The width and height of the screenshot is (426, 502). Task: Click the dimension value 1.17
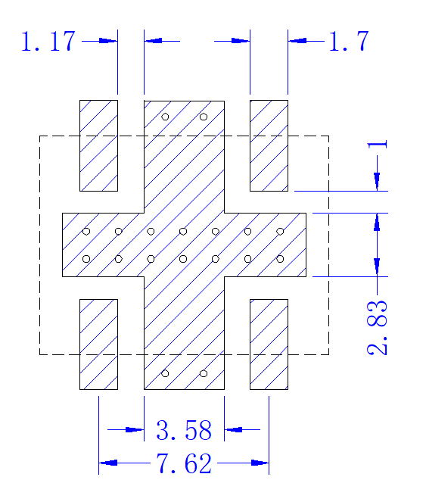pyautogui.click(x=48, y=41)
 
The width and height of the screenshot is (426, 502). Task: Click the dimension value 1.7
pyautogui.click(x=349, y=41)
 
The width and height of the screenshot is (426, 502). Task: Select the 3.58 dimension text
pyautogui.click(x=184, y=430)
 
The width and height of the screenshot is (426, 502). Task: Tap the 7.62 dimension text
pyautogui.click(x=184, y=463)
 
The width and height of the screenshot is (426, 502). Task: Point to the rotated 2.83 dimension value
pyautogui.click(x=377, y=328)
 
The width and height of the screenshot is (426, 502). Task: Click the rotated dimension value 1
pyautogui.click(x=377, y=145)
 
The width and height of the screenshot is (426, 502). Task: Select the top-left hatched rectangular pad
pyautogui.click(x=98, y=145)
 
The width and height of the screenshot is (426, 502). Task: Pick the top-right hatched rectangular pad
pyautogui.click(x=269, y=145)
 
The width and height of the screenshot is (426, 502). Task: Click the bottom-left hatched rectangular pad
pyautogui.click(x=98, y=345)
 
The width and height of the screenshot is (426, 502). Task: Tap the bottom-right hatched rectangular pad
pyautogui.click(x=269, y=345)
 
